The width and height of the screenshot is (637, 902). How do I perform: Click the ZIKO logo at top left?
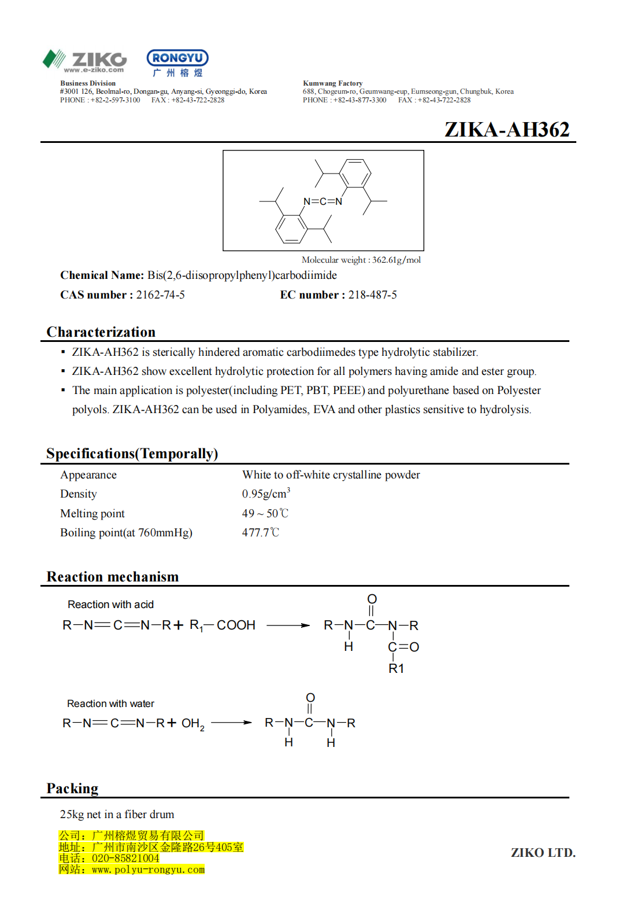pos(84,60)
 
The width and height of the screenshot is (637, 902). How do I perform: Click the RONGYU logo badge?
pos(177,58)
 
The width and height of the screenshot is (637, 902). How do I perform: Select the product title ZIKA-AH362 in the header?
pos(506,130)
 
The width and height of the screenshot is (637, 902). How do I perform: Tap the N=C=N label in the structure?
pos(323,201)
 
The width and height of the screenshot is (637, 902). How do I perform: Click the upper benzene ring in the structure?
pos(355,173)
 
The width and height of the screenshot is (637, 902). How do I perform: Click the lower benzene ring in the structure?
pos(291,229)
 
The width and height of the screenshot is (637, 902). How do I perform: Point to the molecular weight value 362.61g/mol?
pos(397,260)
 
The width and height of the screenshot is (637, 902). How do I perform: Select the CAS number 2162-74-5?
pos(160,295)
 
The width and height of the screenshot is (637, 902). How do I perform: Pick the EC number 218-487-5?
pos(372,295)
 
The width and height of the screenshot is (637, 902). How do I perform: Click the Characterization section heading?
pos(101,332)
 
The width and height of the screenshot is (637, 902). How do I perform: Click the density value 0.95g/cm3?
pos(266,494)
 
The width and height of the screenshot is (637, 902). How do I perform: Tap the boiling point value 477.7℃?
pos(260,532)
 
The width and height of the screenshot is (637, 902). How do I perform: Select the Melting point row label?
pos(92,513)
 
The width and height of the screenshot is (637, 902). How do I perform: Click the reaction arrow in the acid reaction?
pos(288,625)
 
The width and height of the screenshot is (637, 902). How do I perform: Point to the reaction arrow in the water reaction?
pos(231,723)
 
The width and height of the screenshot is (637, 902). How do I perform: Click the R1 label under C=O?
pos(396,668)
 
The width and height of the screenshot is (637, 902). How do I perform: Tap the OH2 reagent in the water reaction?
pos(192,723)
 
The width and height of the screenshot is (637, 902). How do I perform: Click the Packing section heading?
pos(72,789)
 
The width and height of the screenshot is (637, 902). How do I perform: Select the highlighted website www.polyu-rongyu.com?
pos(148,870)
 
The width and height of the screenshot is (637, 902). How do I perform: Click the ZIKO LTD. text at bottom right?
pos(543,852)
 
